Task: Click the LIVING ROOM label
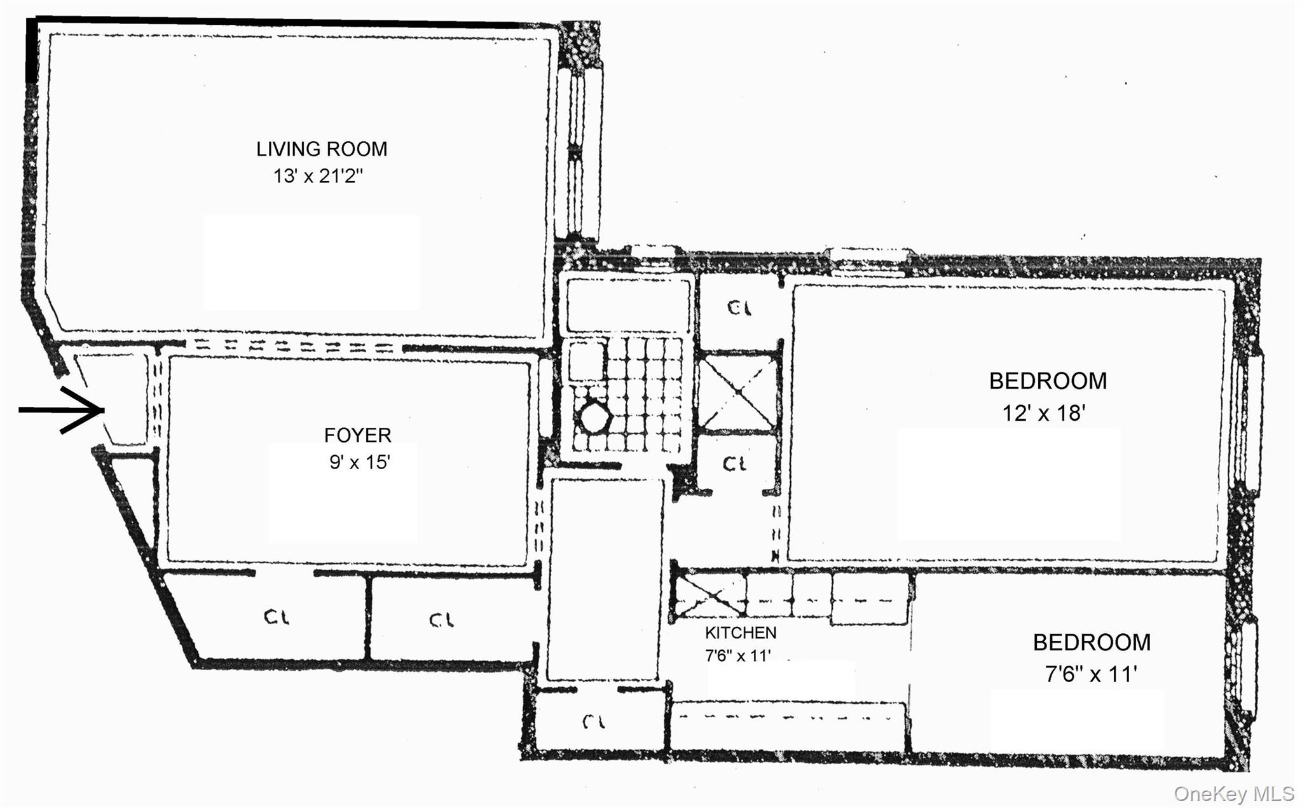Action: [321, 149]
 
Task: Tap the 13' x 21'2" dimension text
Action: [318, 176]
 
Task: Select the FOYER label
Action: [357, 435]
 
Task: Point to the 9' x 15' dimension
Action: [359, 462]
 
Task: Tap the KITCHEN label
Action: [741, 633]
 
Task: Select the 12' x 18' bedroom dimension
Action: [1043, 413]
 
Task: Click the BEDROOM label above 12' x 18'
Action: [1048, 381]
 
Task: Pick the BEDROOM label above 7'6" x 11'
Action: [1092, 642]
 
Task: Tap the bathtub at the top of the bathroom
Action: [627, 304]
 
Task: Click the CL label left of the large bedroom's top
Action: [739, 308]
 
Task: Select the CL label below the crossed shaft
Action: [735, 464]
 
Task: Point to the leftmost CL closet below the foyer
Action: [277, 617]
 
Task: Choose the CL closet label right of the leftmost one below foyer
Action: [441, 620]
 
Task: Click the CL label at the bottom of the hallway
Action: [594, 722]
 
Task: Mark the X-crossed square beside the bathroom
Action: [737, 392]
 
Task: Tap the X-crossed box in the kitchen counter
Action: [708, 596]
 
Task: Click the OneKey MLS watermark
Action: [1233, 794]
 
